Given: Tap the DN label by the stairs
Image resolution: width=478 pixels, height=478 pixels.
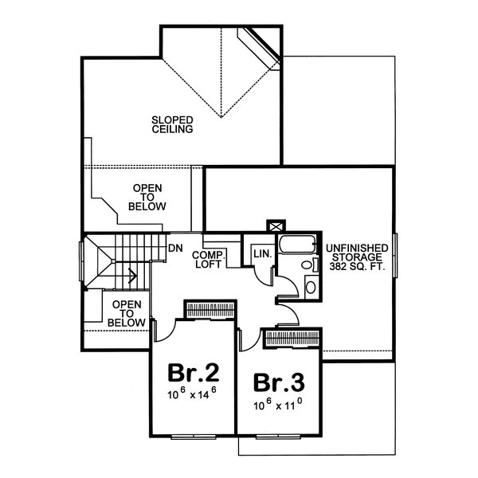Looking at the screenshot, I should [x=176, y=248].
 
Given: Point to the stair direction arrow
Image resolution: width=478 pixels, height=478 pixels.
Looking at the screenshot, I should [x=130, y=278].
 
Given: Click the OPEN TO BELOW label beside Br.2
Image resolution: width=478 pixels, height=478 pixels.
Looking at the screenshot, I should [x=127, y=313].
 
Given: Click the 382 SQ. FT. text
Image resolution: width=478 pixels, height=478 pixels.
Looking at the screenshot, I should [x=356, y=268].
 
